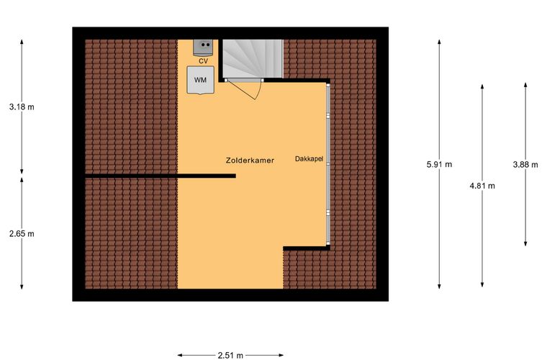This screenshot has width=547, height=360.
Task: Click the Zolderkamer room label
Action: pos(250,161)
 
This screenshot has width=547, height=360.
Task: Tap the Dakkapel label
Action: pos(309,159)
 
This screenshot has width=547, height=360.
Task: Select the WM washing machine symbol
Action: pos(200,80)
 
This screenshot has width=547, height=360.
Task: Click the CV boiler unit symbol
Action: pos(203,48)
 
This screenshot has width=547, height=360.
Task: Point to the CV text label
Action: pos(204,61)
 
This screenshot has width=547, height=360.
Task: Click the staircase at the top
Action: pos(253,58)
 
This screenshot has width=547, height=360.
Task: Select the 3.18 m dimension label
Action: pos(22,107)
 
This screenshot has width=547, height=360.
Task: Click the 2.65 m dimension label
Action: pos(22,234)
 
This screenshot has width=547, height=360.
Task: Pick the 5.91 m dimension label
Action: pos(439,164)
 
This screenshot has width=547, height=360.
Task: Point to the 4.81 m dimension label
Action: pos(482,186)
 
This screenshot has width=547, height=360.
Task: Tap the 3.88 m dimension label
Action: pos(525,164)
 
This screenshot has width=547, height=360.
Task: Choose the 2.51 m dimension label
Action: pos(230,356)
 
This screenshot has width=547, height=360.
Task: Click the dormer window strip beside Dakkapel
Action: pos(328,164)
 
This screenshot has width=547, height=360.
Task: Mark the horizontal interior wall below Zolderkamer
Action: pos(161,176)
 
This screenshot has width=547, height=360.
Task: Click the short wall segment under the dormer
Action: pos(307,248)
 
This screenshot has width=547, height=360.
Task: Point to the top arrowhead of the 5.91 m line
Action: pos(439,42)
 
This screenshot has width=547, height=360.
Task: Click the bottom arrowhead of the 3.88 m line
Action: pos(525,243)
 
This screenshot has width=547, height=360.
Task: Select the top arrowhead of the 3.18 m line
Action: pos(22,42)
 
